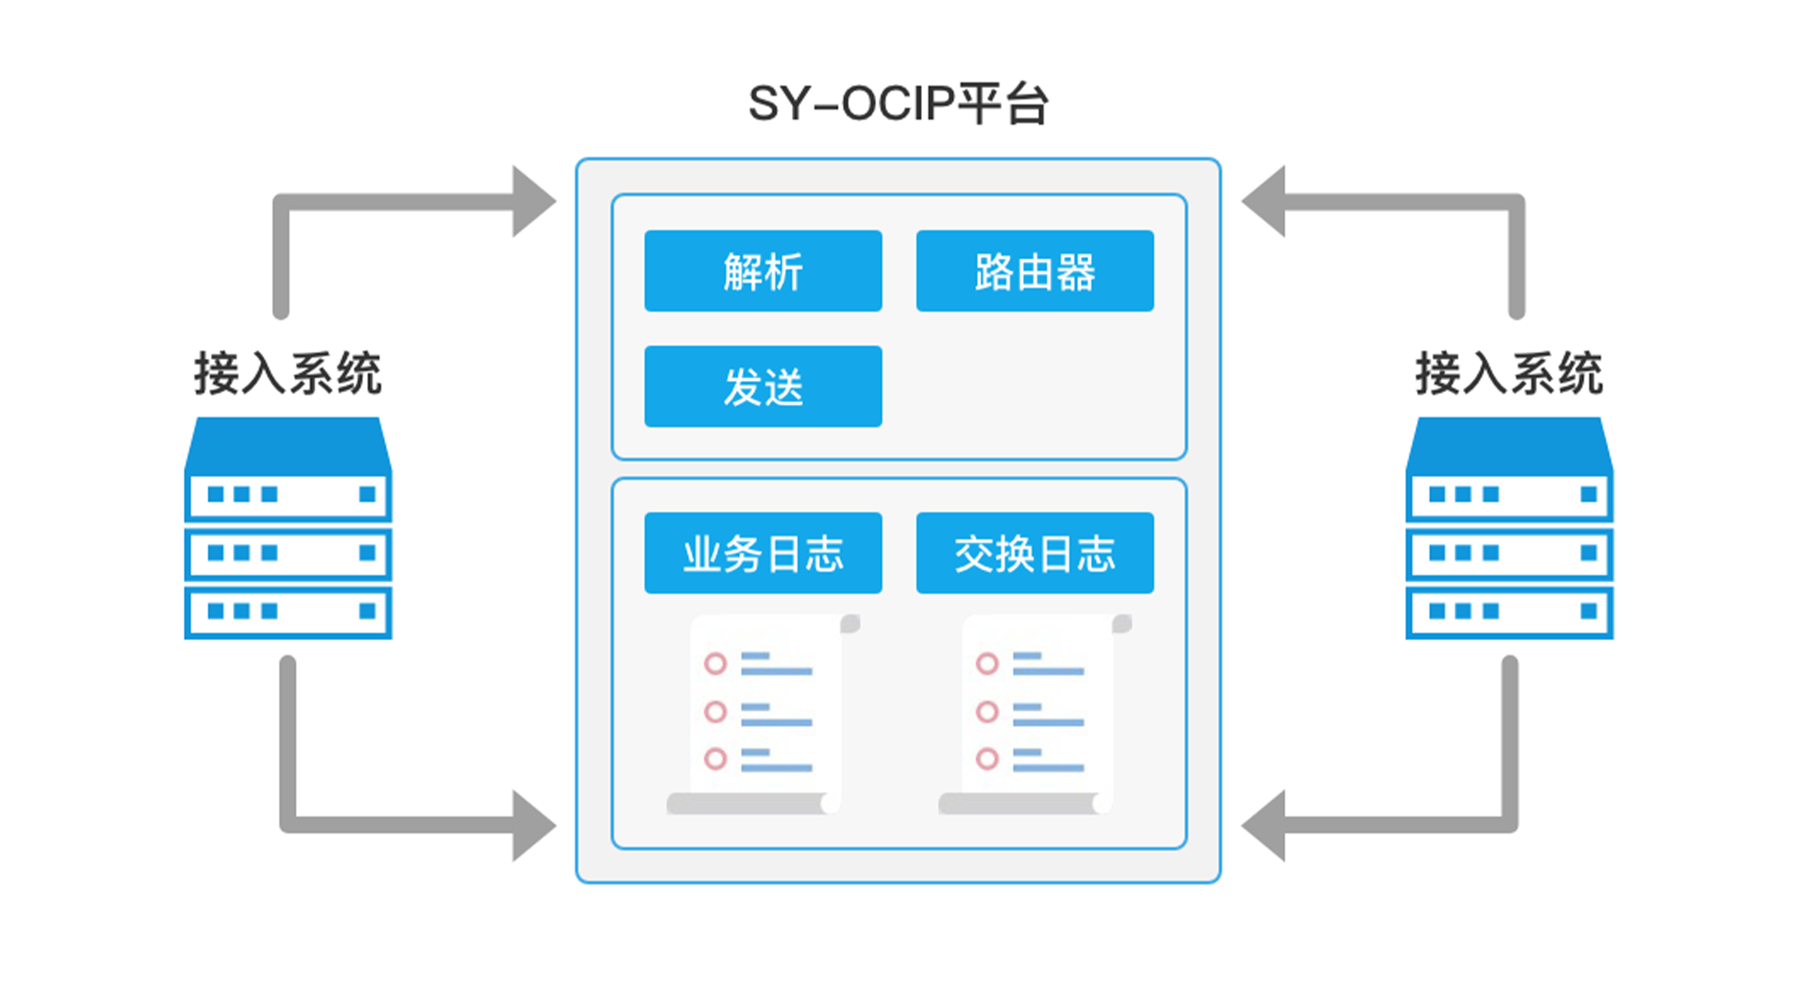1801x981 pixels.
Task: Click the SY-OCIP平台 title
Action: (898, 104)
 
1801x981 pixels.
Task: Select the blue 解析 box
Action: (763, 271)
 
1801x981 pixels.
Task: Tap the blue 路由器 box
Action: (1035, 271)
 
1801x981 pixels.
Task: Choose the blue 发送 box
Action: (763, 386)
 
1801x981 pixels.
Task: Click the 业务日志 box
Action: (763, 553)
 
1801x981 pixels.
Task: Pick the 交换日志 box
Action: (1035, 553)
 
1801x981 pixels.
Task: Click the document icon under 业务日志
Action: (763, 714)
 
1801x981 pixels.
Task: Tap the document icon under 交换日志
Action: (1035, 714)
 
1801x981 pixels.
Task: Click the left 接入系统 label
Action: (288, 373)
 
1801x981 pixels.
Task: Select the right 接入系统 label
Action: (1509, 373)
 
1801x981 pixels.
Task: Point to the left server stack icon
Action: (288, 528)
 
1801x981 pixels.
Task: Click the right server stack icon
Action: (1509, 528)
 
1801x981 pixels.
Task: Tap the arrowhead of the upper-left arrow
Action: (533, 202)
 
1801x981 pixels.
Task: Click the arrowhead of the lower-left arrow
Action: (533, 826)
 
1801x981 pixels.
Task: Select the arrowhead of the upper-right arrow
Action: (1264, 202)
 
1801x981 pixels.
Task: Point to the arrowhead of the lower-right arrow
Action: (1264, 826)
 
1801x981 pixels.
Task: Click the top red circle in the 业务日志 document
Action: (715, 663)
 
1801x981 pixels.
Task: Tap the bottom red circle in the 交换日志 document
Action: (987, 758)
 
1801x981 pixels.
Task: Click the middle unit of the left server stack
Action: (288, 553)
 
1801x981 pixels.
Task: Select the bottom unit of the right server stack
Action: (1509, 613)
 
